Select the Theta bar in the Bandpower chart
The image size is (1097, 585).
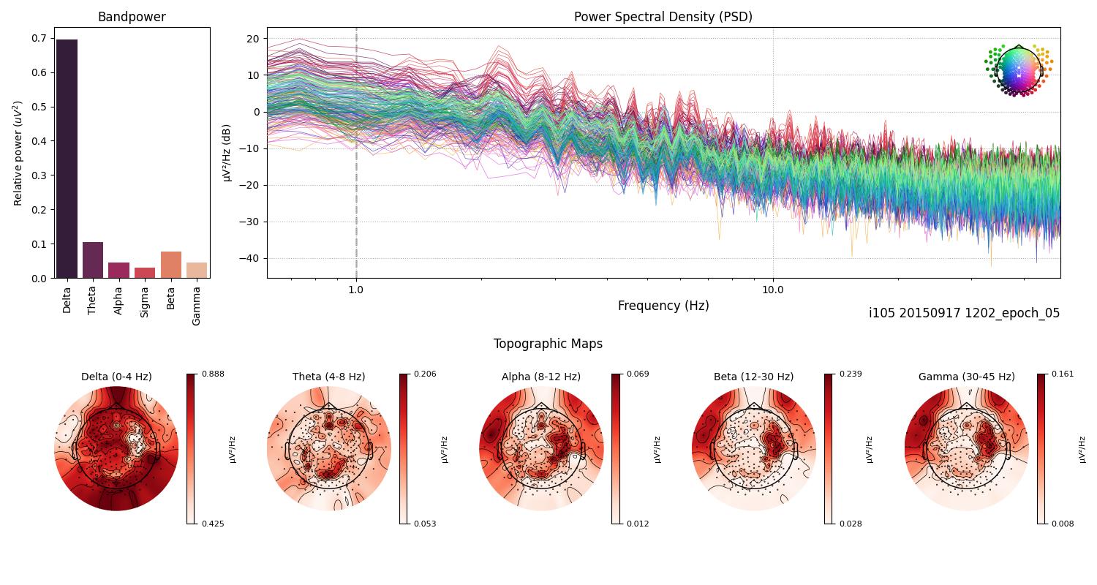93,260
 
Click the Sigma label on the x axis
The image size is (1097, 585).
145,301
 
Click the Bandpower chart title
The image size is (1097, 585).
132,17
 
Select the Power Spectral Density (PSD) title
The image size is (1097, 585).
663,17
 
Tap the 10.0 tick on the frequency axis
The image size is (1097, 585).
773,289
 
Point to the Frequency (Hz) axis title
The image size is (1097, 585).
663,306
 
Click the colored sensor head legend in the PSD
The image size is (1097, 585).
1018,69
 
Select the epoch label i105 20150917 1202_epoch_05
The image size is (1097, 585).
964,313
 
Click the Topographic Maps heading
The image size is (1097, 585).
548,344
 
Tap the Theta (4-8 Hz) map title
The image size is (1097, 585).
328,377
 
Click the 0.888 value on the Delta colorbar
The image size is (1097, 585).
214,374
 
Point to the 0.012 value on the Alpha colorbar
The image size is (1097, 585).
638,524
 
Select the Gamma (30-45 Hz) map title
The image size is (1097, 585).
966,377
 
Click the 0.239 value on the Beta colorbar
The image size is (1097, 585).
851,374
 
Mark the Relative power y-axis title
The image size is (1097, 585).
18,153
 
